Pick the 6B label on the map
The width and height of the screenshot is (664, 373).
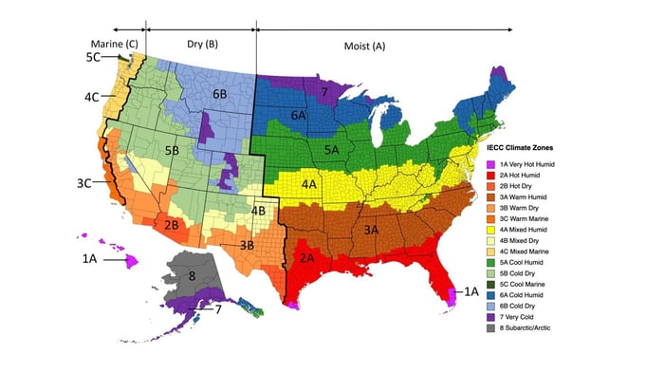pyautogui.click(x=219, y=94)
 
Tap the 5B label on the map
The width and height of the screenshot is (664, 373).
pyautogui.click(x=172, y=150)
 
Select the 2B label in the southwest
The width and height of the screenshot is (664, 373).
pyautogui.click(x=172, y=225)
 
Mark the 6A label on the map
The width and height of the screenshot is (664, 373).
pyautogui.click(x=298, y=114)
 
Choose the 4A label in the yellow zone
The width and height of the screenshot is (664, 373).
pyautogui.click(x=309, y=183)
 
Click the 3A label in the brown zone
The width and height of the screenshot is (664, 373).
pyautogui.click(x=371, y=230)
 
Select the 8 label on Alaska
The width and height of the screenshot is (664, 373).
pyautogui.click(x=193, y=276)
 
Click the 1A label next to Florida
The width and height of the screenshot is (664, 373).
pyautogui.click(x=470, y=292)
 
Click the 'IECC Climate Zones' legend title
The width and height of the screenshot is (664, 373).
pyautogui.click(x=526, y=149)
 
